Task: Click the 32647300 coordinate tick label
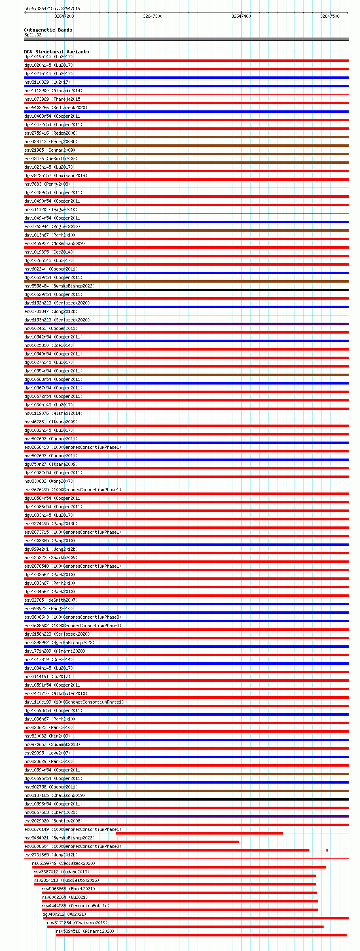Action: click(152, 16)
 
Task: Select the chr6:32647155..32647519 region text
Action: click(52, 8)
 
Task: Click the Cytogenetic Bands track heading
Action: click(48, 30)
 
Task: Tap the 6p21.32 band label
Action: click(33, 35)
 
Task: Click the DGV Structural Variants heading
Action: click(56, 52)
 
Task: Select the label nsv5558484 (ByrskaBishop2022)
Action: click(59, 286)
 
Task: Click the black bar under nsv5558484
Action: click(186, 290)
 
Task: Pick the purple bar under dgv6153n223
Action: click(186, 324)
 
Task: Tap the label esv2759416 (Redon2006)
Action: click(51, 133)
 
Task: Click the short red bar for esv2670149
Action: click(199, 833)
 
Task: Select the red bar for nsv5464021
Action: click(131, 842)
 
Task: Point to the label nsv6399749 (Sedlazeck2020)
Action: click(64, 863)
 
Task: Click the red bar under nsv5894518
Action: click(201, 935)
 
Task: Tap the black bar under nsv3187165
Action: click(186, 799)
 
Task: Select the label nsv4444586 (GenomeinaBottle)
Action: click(75, 906)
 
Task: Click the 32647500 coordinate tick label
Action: click(330, 16)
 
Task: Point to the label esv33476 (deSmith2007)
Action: click(51, 158)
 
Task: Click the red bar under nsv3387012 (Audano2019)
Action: click(175, 876)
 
